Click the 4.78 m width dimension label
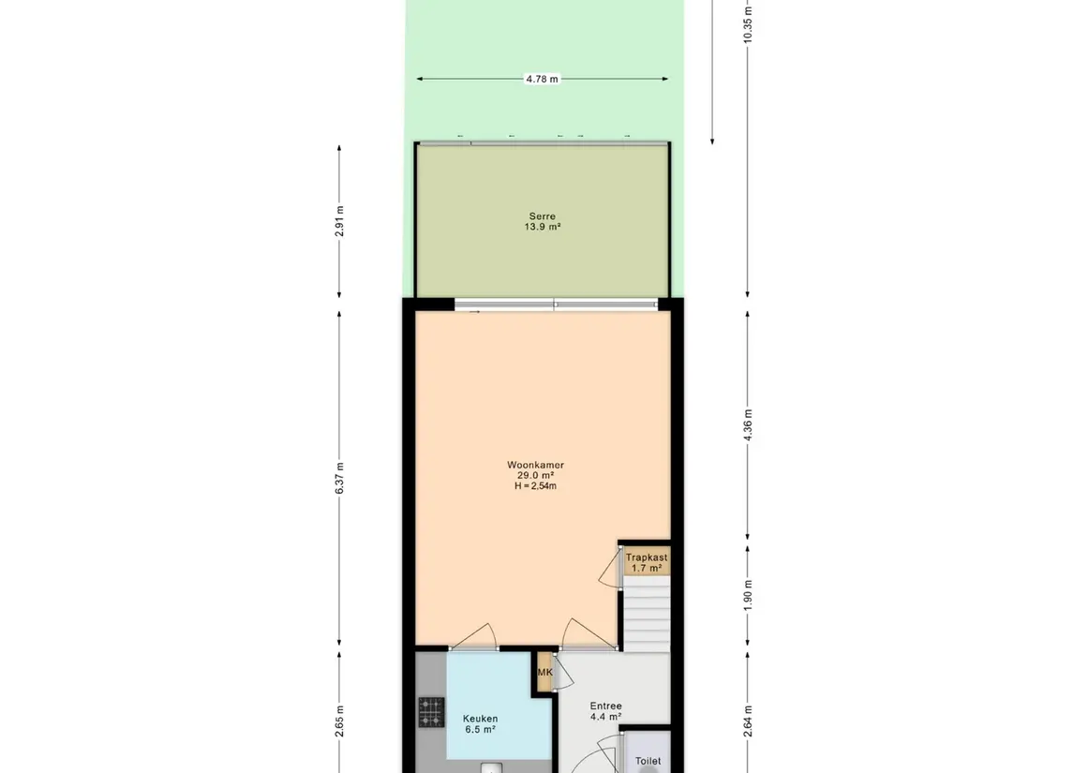pos(542,80)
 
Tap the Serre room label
pos(542,216)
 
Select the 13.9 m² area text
pos(542,228)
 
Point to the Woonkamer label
pos(535,465)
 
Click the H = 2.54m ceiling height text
pos(535,486)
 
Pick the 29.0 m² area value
pos(535,476)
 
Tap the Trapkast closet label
pos(646,557)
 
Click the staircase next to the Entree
pos(647,614)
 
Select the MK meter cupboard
pos(544,673)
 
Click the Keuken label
pos(479,719)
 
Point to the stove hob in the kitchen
pos(431,712)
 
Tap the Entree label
pos(605,706)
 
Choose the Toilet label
pos(648,762)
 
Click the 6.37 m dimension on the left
pos(340,478)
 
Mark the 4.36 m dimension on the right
pos(747,425)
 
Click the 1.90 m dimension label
pos(747,596)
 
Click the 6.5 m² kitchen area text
pos(479,730)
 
